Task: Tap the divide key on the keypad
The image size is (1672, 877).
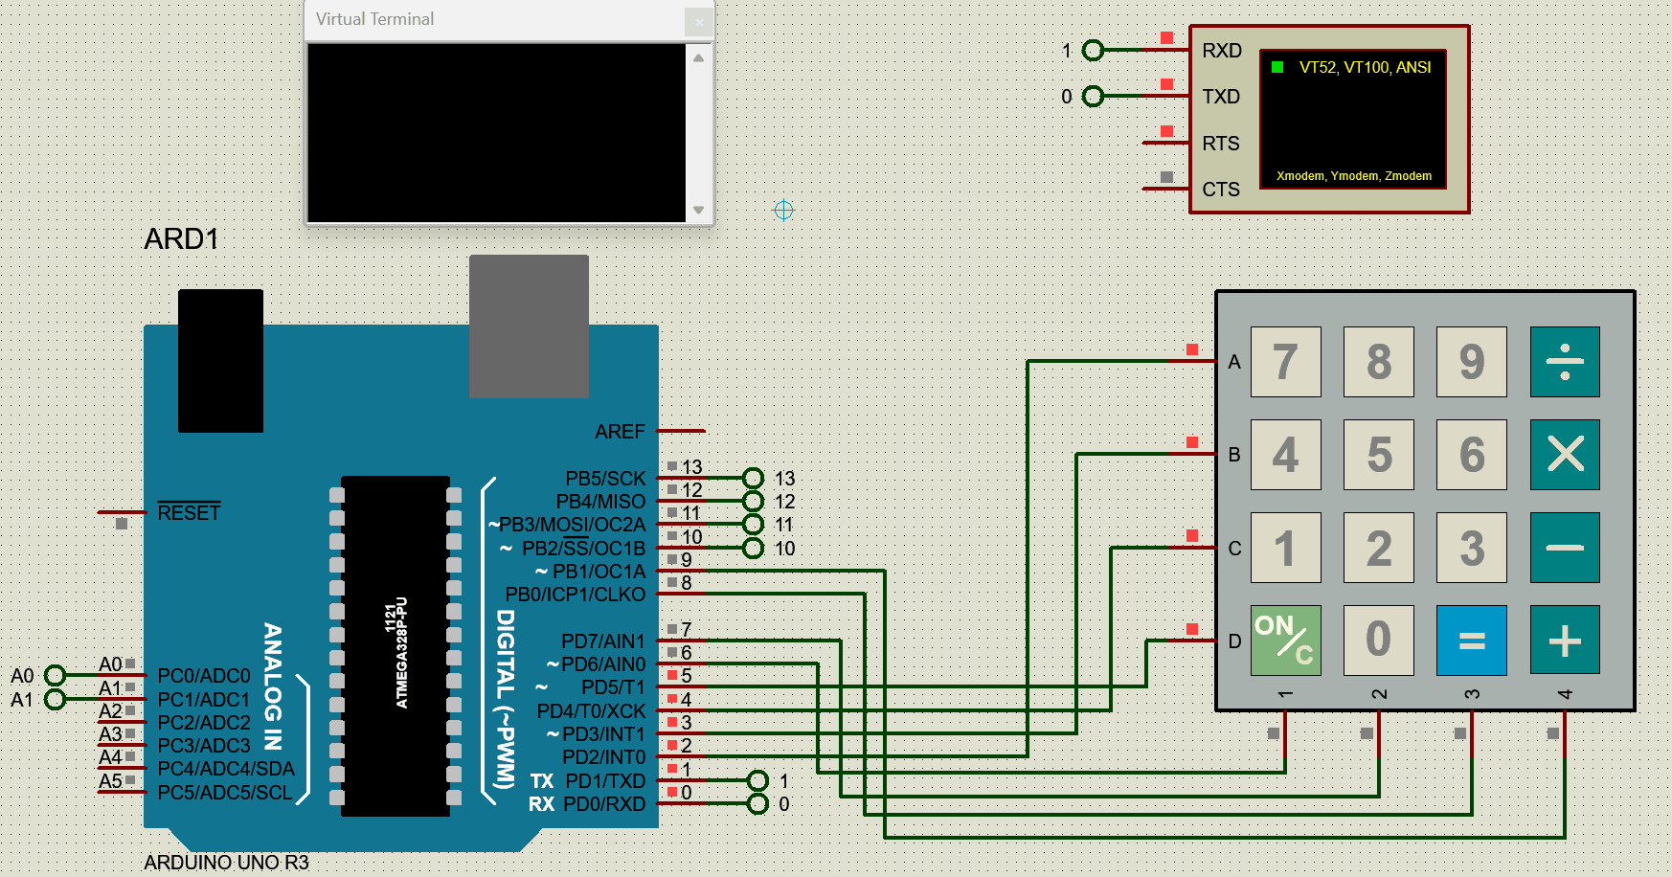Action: coord(1565,362)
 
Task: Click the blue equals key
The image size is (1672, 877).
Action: coord(1472,640)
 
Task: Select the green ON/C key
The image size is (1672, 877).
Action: coord(1285,640)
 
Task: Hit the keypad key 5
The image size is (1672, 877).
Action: coord(1379,455)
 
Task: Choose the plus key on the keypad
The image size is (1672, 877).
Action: coord(1565,640)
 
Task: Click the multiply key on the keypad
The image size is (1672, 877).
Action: coord(1565,455)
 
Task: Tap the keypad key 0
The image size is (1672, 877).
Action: coord(1379,640)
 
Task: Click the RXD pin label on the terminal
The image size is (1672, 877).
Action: coord(1221,51)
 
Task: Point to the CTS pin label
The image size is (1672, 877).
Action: coord(1220,190)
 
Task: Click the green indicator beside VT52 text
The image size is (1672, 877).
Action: coord(1277,67)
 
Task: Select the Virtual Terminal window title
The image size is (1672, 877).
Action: coord(374,19)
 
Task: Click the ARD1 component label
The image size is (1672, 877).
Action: coord(181,239)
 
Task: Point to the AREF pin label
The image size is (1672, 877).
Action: coord(620,432)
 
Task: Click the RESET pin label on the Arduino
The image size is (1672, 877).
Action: coord(189,513)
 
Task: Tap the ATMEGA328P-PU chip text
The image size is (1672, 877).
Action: coord(396,652)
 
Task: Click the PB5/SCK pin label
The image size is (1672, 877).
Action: coord(605,478)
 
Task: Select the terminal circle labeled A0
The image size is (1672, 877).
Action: coord(55,676)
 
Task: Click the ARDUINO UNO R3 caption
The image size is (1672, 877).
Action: coord(226,863)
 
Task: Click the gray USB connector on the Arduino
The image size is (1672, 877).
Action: coord(529,326)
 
